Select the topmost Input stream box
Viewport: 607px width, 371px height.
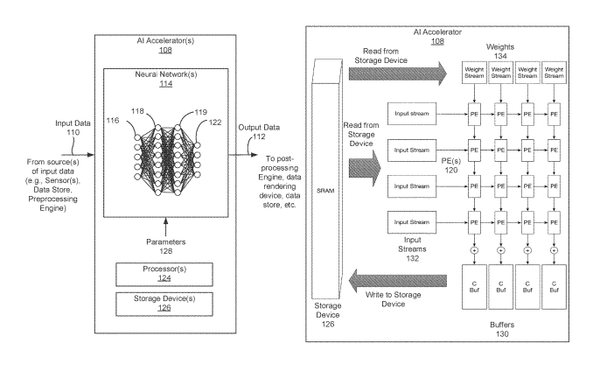pyautogui.click(x=410, y=114)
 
